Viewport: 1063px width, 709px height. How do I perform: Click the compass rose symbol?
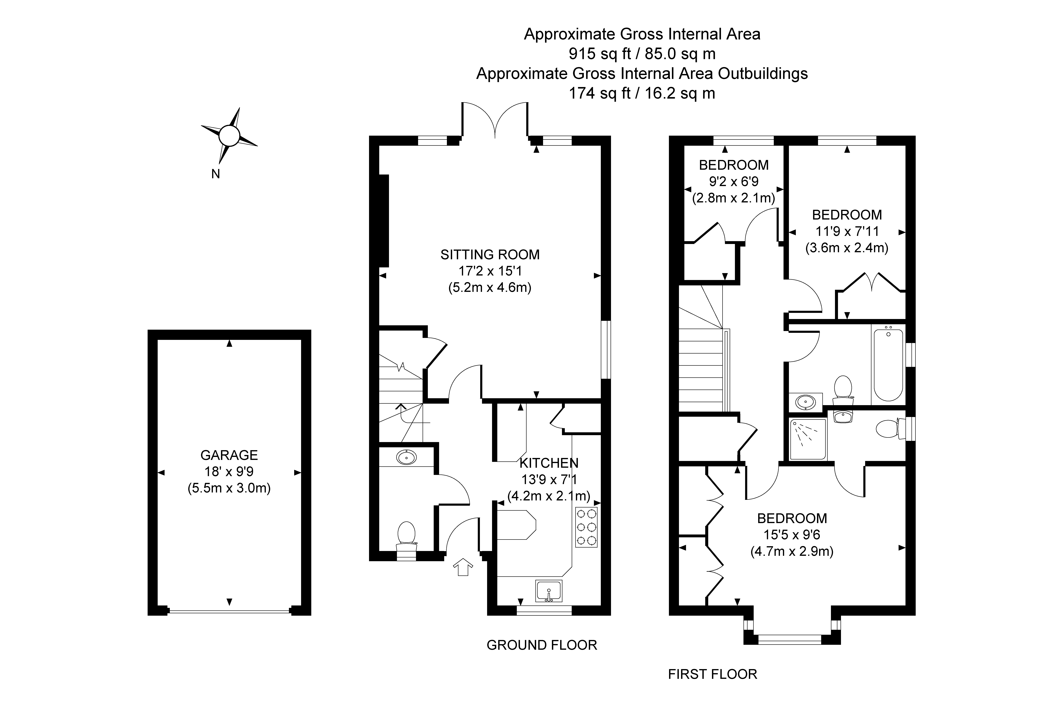229,135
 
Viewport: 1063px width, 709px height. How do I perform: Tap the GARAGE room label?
229,455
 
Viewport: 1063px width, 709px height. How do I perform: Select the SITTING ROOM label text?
490,255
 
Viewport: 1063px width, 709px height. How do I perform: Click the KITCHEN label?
549,463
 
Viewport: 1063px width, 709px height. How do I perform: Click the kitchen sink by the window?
549,591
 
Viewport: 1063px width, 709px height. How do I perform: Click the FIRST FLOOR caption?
712,674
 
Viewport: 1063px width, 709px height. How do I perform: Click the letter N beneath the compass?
216,174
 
